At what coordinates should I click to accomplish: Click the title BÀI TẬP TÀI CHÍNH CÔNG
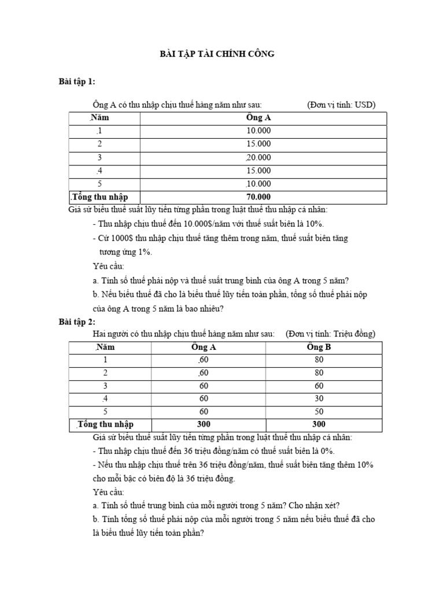[x=217, y=54]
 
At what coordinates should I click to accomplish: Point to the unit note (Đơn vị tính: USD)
[x=341, y=105]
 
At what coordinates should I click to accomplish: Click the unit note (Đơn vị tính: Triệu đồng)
[x=330, y=334]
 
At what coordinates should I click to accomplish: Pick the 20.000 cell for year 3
[x=258, y=157]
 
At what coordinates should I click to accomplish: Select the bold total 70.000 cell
[x=258, y=197]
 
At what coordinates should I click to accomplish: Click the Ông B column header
[x=319, y=347]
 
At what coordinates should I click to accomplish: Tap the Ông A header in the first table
[x=258, y=118]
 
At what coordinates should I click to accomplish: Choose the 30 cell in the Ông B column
[x=319, y=399]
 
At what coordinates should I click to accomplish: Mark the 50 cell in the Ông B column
[x=319, y=412]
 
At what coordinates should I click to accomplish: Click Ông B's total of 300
[x=319, y=424]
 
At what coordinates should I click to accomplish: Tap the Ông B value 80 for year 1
[x=319, y=360]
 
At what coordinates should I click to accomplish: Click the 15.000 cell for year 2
[x=258, y=144]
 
